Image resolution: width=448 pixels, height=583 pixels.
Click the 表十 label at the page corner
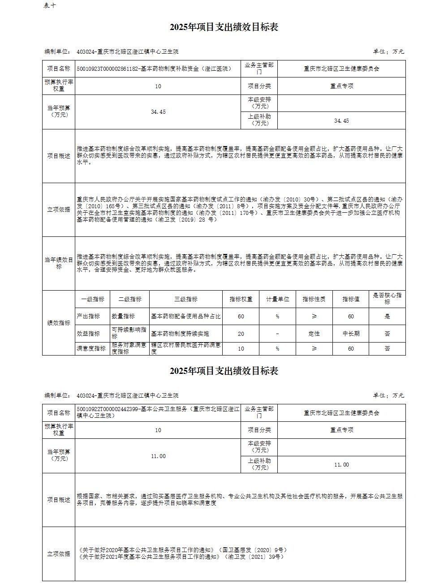tap(50, 5)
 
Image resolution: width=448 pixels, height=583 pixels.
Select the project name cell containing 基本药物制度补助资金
tap(154, 69)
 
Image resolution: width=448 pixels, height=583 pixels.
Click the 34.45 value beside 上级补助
tap(341, 121)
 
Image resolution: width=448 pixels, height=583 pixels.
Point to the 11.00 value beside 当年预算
tap(158, 456)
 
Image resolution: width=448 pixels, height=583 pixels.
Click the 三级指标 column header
tap(186, 299)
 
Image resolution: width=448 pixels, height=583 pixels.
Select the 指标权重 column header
tap(241, 299)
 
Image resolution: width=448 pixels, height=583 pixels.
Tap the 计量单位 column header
tap(278, 299)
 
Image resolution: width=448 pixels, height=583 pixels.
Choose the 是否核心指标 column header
tap(387, 299)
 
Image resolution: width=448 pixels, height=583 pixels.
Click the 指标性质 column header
tap(314, 299)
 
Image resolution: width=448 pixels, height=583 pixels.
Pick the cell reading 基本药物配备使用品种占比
tap(186, 316)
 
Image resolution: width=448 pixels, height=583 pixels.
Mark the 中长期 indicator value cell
tap(351, 334)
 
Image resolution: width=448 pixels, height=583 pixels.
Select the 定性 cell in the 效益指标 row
tap(314, 334)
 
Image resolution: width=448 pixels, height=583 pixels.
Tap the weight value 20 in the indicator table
tap(241, 334)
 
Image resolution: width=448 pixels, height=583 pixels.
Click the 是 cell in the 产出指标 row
tap(387, 316)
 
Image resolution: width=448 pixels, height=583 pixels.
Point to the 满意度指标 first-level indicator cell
tap(91, 348)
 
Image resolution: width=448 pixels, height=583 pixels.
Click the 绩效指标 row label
tap(59, 323)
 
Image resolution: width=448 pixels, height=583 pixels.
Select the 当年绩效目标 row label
tap(59, 263)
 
